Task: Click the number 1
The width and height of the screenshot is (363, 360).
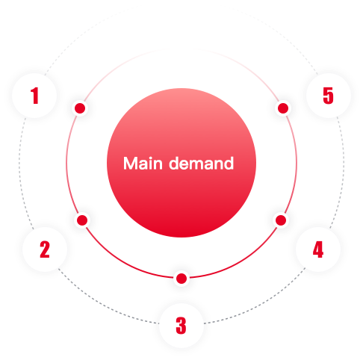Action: [35, 96]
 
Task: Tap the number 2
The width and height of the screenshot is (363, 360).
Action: [45, 249]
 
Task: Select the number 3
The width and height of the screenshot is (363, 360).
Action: [181, 325]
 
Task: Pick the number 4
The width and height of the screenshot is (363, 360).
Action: [318, 249]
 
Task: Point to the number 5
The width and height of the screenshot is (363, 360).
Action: [328, 96]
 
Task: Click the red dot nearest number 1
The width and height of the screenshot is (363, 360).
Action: [80, 108]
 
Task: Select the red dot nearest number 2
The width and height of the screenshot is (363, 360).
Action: [82, 220]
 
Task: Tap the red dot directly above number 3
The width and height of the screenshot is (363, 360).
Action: [181, 279]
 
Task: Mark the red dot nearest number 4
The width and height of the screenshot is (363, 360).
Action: [281, 220]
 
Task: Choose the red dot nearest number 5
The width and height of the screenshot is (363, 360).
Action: [283, 108]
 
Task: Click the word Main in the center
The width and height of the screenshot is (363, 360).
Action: [143, 164]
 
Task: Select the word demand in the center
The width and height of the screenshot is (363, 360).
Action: [202, 164]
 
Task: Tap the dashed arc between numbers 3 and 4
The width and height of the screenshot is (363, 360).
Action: [260, 302]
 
